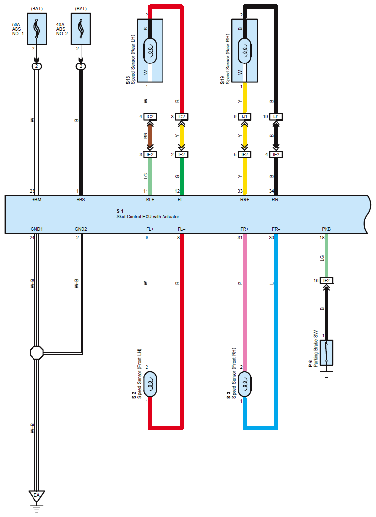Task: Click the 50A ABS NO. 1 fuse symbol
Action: click(x=36, y=29)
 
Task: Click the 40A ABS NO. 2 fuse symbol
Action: click(x=81, y=29)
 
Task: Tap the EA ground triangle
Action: click(x=36, y=495)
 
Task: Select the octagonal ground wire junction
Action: click(x=36, y=352)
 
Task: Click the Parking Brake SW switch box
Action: click(x=326, y=352)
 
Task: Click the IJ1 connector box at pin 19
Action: click(x=276, y=117)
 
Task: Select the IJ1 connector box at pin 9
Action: click(x=245, y=117)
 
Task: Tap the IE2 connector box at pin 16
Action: click(x=326, y=280)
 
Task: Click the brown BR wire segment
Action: click(x=150, y=136)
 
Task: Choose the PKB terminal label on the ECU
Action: click(x=326, y=228)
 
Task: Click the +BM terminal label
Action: click(x=36, y=199)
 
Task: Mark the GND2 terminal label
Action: click(x=81, y=228)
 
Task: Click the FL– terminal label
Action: click(x=181, y=228)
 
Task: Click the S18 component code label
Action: click(x=128, y=80)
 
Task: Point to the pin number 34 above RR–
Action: click(x=272, y=191)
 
